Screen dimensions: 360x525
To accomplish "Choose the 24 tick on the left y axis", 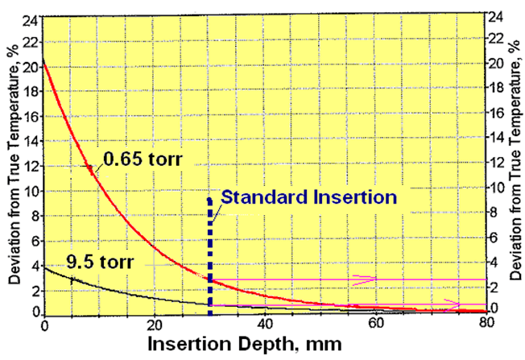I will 31,18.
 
